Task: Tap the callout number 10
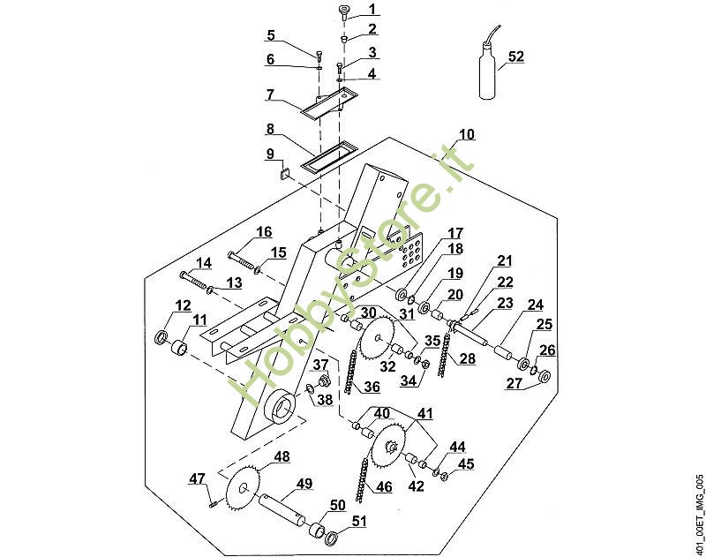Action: pyautogui.click(x=467, y=134)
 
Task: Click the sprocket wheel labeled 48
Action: pyautogui.click(x=244, y=488)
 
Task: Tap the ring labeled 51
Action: pyautogui.click(x=332, y=538)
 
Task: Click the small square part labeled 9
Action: pyautogui.click(x=284, y=173)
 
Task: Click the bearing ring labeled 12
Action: pyautogui.click(x=161, y=337)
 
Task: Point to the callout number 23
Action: pyautogui.click(x=504, y=303)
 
